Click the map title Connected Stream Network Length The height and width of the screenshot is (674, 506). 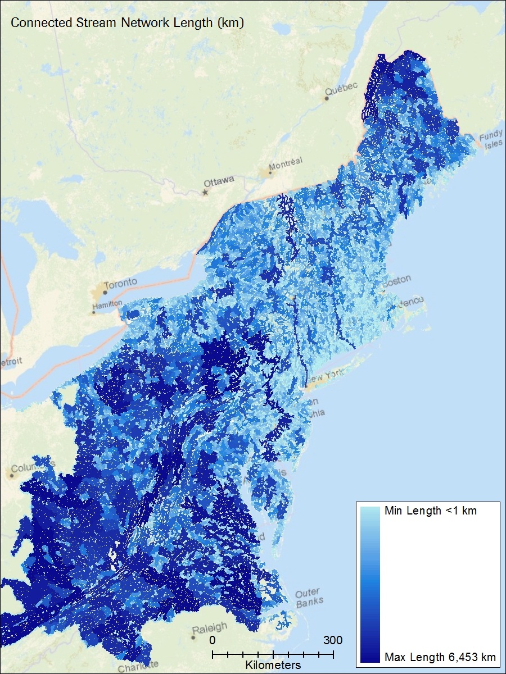127,23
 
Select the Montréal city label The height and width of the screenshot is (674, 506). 286,162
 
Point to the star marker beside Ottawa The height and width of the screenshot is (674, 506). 205,193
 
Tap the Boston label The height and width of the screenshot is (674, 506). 397,279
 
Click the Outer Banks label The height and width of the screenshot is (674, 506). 309,597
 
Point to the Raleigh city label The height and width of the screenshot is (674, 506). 210,627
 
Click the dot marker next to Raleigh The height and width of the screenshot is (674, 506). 193,637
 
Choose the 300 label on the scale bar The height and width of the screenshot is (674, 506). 333,640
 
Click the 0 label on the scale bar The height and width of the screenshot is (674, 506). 213,640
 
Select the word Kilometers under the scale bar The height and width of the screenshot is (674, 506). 273,665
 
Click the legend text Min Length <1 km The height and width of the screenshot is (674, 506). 430,511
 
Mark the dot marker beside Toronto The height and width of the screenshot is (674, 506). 105,292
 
